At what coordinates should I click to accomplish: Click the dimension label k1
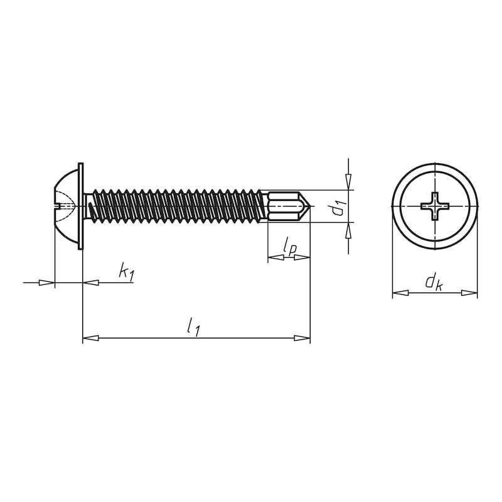pyautogui.click(x=126, y=272)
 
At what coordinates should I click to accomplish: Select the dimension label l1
pyautogui.click(x=194, y=327)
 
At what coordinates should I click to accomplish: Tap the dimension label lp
pyautogui.click(x=289, y=247)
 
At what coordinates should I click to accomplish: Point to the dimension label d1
pyautogui.click(x=338, y=207)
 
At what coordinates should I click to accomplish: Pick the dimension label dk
pyautogui.click(x=434, y=282)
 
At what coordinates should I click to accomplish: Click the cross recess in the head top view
pyautogui.click(x=434, y=206)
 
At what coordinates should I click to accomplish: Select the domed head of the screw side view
pyautogui.click(x=65, y=206)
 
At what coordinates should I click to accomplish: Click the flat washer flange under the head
pyautogui.click(x=80, y=206)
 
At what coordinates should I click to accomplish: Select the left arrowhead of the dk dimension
pyautogui.click(x=400, y=292)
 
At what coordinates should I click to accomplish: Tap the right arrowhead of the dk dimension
pyautogui.click(x=469, y=292)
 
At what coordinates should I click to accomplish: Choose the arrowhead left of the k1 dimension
pyautogui.click(x=47, y=283)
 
